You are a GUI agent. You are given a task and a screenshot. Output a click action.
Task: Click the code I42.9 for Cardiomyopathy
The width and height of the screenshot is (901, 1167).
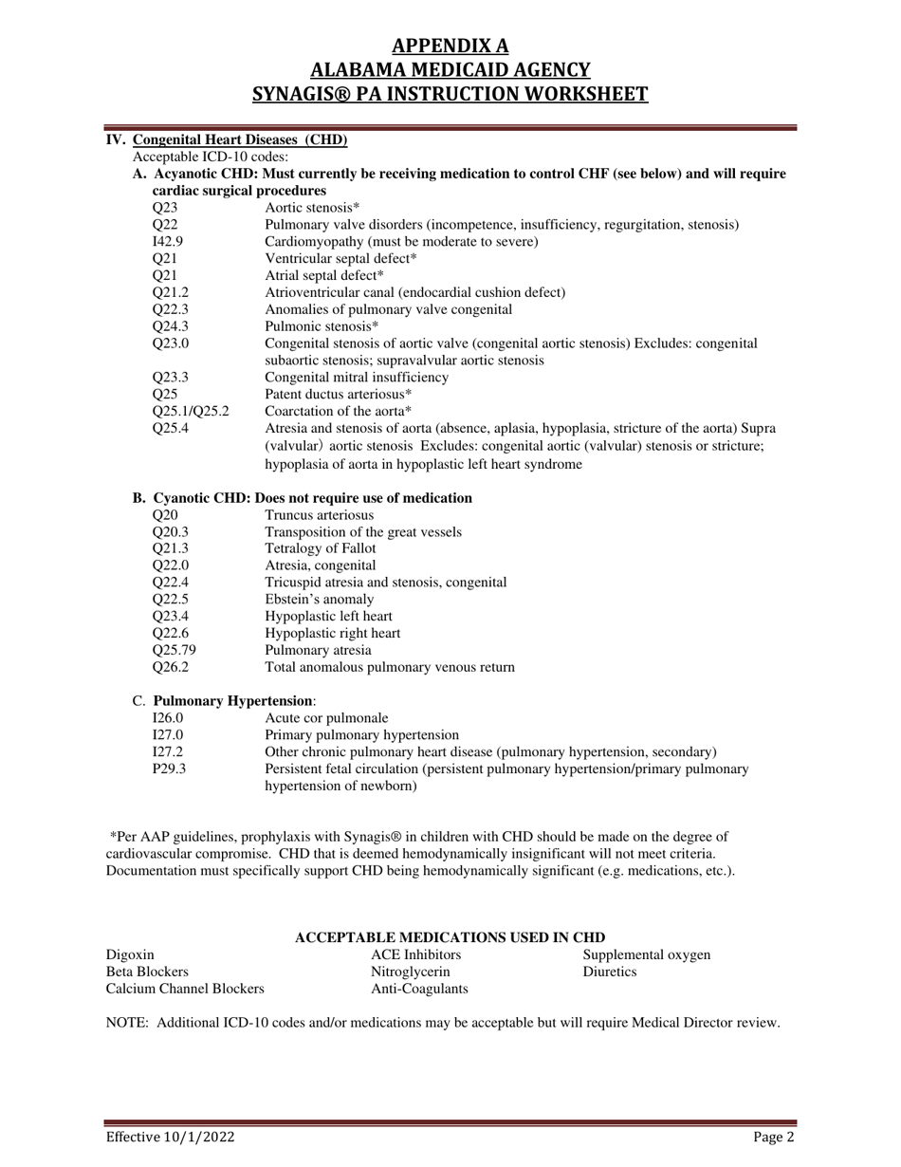(x=167, y=242)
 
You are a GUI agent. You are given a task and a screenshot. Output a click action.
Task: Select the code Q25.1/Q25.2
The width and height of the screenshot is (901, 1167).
(x=191, y=412)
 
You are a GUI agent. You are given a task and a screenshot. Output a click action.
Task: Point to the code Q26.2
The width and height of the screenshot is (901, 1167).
(x=171, y=668)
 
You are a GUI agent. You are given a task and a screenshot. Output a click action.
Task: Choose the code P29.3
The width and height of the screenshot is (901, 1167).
(x=170, y=769)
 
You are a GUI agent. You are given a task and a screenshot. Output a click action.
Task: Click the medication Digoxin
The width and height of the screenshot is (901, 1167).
(x=130, y=954)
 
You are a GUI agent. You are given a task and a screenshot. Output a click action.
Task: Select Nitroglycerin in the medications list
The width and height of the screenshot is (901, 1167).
(x=410, y=972)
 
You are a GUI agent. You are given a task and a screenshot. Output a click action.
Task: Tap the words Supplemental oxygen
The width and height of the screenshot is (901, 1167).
(x=646, y=954)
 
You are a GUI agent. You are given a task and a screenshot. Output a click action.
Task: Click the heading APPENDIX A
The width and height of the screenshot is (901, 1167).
(x=450, y=46)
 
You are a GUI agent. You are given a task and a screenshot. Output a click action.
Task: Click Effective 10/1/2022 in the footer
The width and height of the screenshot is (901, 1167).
(x=170, y=1138)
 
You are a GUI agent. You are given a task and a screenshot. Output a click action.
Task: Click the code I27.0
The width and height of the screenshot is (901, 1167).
(x=168, y=735)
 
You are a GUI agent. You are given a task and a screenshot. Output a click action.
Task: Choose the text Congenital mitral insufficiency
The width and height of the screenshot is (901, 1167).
(x=357, y=378)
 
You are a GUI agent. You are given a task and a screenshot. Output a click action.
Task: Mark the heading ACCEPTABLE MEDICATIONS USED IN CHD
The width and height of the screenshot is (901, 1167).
(x=450, y=937)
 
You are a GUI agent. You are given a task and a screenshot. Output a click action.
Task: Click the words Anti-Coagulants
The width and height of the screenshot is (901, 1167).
(x=419, y=989)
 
